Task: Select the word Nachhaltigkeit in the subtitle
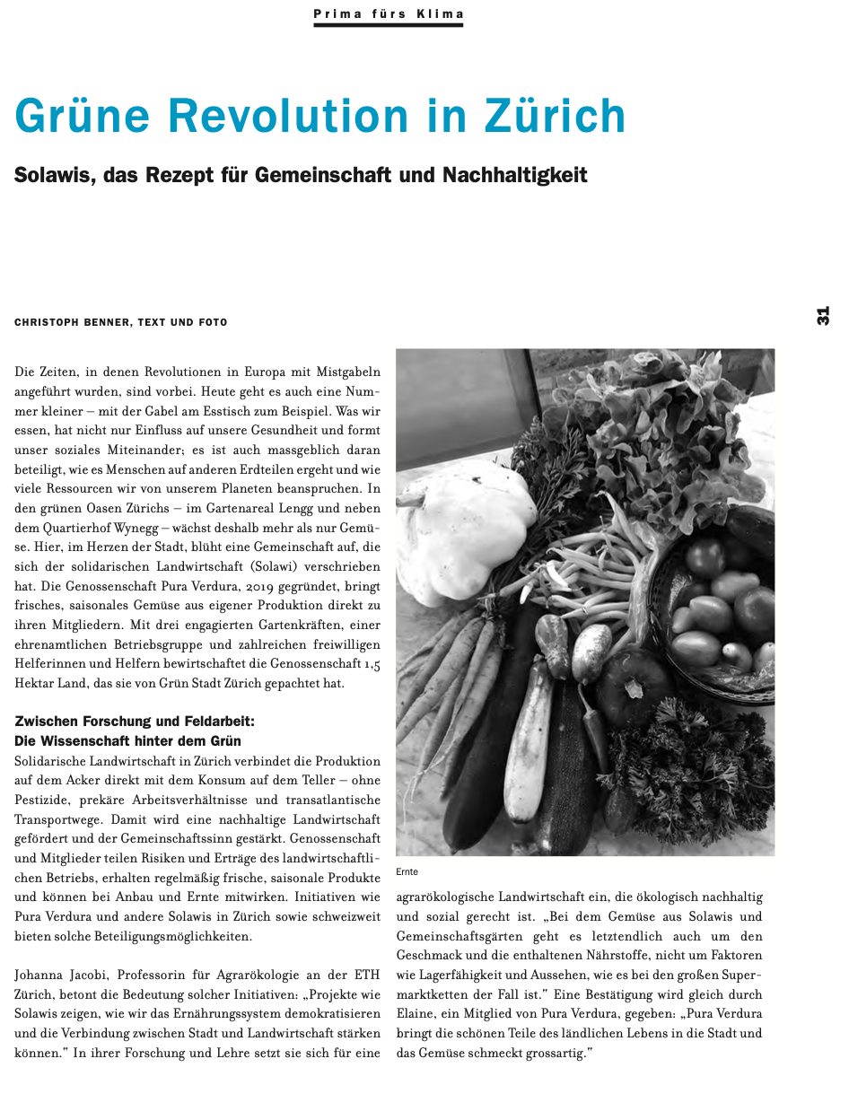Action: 515,174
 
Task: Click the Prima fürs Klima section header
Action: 389,14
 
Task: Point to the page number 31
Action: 823,316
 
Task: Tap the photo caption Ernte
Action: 407,871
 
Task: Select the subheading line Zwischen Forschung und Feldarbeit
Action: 135,721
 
